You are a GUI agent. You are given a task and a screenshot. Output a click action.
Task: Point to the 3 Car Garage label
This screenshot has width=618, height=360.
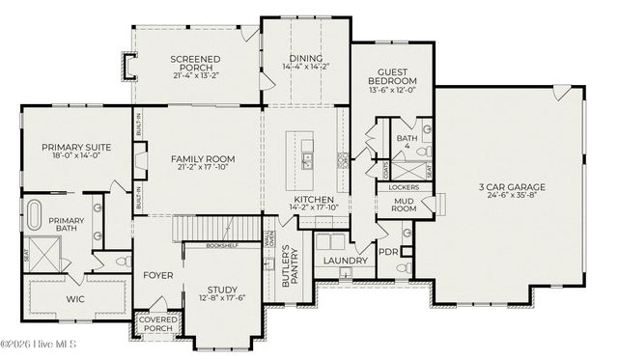pos(513,187)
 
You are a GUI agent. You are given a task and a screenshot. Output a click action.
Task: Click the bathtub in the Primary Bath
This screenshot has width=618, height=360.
pos(36,215)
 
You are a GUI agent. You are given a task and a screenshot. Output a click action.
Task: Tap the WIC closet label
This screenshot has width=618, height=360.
pos(75,299)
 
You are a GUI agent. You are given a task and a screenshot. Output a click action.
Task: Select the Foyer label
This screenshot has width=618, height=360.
pos(158,274)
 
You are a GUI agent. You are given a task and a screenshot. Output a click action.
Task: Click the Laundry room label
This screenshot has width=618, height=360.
pos(345,261)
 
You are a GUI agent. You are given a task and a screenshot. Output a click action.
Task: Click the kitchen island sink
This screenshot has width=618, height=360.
pos(307,155)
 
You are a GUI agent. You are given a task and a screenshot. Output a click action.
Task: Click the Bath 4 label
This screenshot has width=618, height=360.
pos(407,143)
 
